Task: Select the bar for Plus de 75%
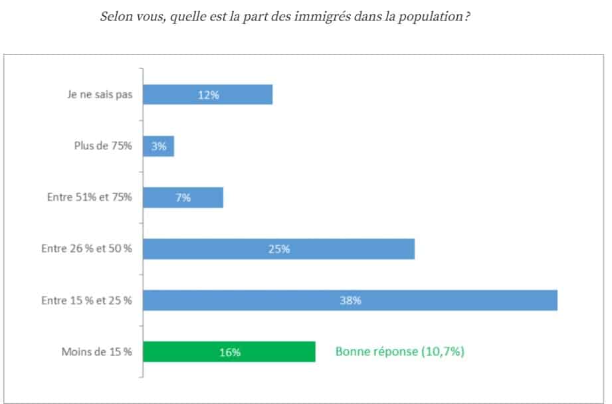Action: pos(166,146)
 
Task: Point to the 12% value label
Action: pos(208,95)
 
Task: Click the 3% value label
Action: pos(158,146)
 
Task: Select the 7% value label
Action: pos(183,198)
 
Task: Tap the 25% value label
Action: pos(279,249)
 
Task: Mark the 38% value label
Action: pos(350,300)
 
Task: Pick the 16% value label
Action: pos(229,352)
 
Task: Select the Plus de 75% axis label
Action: pos(102,146)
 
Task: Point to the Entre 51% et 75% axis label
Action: pos(89,198)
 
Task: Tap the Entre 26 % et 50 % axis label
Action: pos(86,249)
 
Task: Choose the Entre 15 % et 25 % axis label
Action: pos(86,300)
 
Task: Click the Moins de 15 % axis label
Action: pos(97,352)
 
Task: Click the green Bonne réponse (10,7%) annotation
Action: pos(399,352)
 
